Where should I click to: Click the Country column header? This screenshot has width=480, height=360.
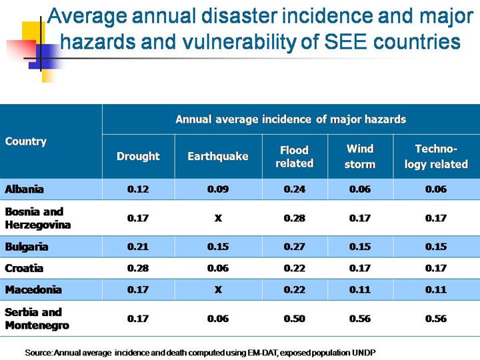26,141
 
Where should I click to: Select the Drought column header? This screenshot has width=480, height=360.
138,156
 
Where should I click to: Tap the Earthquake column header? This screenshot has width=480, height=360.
217,156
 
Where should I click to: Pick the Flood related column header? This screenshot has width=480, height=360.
294,156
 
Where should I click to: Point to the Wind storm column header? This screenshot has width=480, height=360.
360,156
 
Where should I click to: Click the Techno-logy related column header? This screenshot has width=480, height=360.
436,156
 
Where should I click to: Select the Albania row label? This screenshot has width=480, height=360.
25,189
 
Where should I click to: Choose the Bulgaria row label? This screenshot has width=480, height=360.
27,247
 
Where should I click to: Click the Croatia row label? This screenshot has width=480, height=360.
24,268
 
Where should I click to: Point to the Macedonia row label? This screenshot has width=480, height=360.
33,290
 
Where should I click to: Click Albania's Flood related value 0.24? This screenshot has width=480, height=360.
294,189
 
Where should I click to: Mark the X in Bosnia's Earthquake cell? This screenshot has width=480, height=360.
217,218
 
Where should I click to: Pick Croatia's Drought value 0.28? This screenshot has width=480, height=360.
138,268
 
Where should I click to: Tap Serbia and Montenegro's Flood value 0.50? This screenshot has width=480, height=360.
294,319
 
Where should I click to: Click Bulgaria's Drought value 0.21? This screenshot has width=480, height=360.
138,247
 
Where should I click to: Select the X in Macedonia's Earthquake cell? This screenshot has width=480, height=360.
217,290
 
